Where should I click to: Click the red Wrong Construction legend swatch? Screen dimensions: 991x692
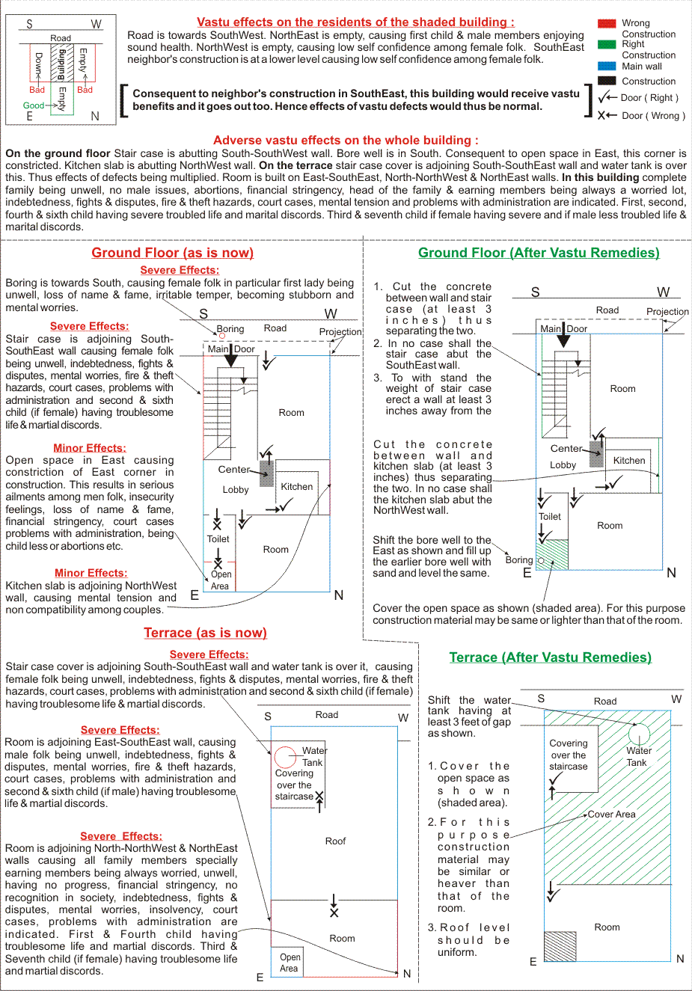pyautogui.click(x=607, y=24)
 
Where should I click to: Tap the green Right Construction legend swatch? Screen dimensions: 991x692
pyautogui.click(x=607, y=45)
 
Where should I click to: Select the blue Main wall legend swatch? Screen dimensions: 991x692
pyautogui.click(x=607, y=66)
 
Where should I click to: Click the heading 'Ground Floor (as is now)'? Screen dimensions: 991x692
pyautogui.click(x=172, y=253)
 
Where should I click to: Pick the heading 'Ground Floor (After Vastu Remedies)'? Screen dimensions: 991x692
pyautogui.click(x=539, y=253)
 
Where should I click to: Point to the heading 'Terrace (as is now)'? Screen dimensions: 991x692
pyautogui.click(x=205, y=633)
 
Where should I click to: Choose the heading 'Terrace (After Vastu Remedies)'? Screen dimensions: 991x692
pyautogui.click(x=550, y=657)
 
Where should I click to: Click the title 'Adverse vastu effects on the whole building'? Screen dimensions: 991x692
pyautogui.click(x=346, y=141)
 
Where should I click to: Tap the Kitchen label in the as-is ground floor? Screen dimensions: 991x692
pyautogui.click(x=297, y=487)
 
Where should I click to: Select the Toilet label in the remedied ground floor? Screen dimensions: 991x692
pyautogui.click(x=550, y=517)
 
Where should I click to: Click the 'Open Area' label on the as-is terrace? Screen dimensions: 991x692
pyautogui.click(x=290, y=963)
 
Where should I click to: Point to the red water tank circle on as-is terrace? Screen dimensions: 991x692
pyautogui.click(x=285, y=757)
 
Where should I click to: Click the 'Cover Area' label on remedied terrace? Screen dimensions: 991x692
pyautogui.click(x=611, y=814)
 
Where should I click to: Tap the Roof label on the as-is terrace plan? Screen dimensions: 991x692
pyautogui.click(x=335, y=841)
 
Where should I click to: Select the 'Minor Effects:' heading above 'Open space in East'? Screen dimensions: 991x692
pyautogui.click(x=90, y=448)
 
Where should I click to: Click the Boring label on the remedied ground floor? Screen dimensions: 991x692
pyautogui.click(x=518, y=559)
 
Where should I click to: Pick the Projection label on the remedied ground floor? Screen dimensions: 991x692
pyautogui.click(x=667, y=312)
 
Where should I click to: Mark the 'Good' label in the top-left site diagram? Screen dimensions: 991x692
pyautogui.click(x=34, y=105)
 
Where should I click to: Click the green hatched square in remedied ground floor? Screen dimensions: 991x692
pyautogui.click(x=553, y=554)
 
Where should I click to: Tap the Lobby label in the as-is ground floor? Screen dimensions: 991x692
pyautogui.click(x=236, y=490)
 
